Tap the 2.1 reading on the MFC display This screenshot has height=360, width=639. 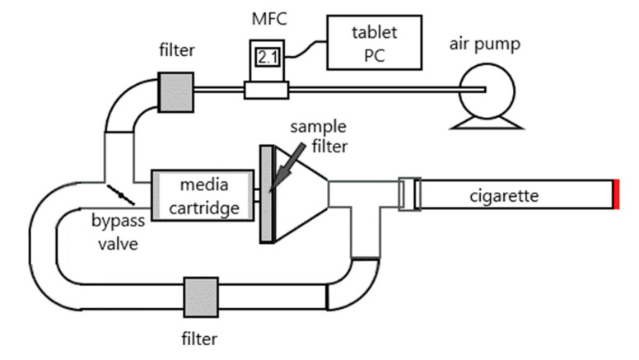point(266,58)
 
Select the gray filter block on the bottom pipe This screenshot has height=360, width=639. point(200,294)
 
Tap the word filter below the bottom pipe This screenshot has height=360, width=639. point(200,338)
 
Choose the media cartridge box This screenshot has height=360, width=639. point(202,195)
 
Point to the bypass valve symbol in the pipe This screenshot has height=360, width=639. point(122,196)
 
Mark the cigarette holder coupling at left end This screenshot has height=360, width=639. point(409,195)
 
